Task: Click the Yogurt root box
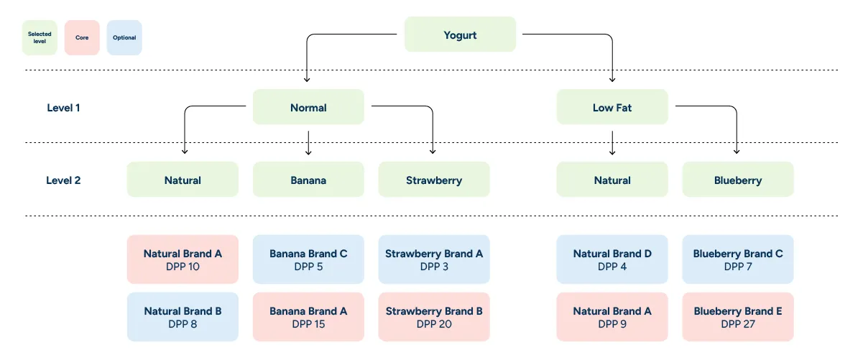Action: click(x=460, y=34)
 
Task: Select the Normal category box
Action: click(x=308, y=107)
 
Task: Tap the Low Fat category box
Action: click(x=612, y=107)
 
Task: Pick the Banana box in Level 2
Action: click(x=308, y=180)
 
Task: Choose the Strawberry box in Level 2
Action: click(x=433, y=180)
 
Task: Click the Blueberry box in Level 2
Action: click(x=737, y=180)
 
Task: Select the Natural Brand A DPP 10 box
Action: click(x=183, y=259)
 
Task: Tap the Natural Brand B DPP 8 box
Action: click(x=183, y=317)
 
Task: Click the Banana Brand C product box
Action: click(x=308, y=259)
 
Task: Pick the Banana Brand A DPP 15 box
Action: click(x=308, y=317)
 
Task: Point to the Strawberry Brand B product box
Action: click(x=433, y=317)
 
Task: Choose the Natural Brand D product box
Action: click(x=612, y=259)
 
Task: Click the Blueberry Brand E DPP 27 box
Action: click(x=737, y=317)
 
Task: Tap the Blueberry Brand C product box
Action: click(x=737, y=259)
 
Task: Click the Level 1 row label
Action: click(x=63, y=108)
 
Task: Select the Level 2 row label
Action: click(x=63, y=180)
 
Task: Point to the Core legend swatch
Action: click(x=82, y=37)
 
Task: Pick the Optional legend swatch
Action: click(x=124, y=37)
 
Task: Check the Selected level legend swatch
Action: click(x=40, y=37)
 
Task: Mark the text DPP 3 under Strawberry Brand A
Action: click(x=433, y=267)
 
